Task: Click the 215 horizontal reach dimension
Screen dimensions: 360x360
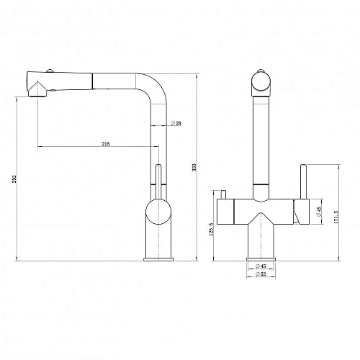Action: point(105,143)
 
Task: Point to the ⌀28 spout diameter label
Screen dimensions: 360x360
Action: point(176,123)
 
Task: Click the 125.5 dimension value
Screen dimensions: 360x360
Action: point(211,230)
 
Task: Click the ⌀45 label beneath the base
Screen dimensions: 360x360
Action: point(261,267)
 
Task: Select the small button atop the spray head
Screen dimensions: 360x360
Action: point(50,71)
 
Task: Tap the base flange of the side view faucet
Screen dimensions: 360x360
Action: point(158,257)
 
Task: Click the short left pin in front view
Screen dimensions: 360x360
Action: point(222,195)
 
